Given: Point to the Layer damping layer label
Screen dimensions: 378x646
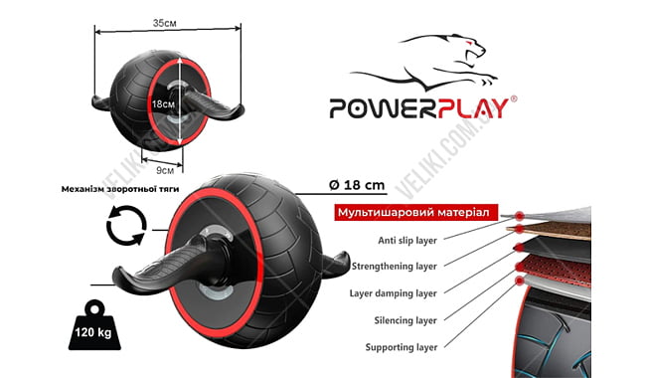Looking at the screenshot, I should [391, 293].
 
